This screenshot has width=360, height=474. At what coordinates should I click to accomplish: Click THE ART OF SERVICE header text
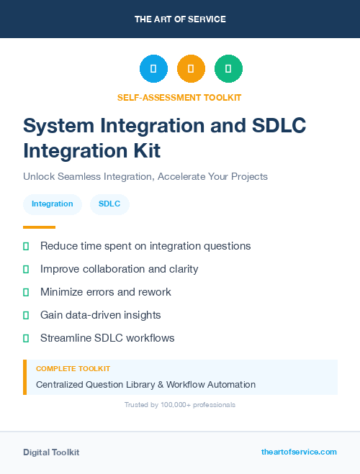tap(180, 19)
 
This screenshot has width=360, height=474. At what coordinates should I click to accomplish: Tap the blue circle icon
tap(153, 68)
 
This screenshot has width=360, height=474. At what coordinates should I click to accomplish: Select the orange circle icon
tap(191, 68)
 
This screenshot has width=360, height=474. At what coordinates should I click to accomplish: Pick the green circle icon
tap(228, 68)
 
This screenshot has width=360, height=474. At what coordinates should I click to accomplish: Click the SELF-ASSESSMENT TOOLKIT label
tap(179, 97)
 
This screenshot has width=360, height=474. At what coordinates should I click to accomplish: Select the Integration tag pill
tap(53, 204)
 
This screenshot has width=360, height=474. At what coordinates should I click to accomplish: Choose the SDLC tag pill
tap(109, 204)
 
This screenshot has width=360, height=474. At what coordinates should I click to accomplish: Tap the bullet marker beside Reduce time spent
tap(26, 246)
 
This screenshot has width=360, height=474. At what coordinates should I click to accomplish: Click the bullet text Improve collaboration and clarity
tap(119, 269)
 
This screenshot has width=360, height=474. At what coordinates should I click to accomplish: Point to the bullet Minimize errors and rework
tap(106, 292)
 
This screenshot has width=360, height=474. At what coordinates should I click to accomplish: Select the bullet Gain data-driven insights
tap(100, 315)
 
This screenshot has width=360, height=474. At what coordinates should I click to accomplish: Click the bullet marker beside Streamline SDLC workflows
tap(26, 338)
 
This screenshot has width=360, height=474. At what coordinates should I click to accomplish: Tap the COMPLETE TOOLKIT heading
tap(68, 369)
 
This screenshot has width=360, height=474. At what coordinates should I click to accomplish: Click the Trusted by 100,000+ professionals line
tap(180, 405)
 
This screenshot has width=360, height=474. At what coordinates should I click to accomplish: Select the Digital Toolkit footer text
tap(51, 452)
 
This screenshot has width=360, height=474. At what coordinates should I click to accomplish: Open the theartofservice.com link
tap(299, 452)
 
